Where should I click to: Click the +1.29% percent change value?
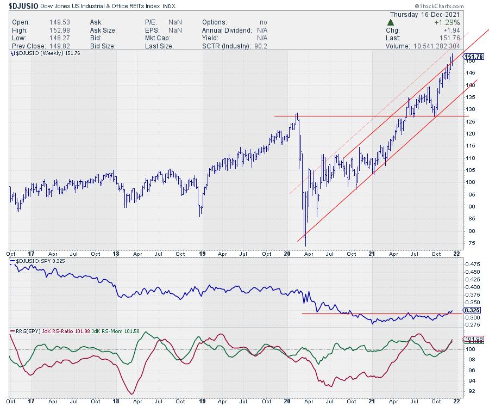click(447, 22)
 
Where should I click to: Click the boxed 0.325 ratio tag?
click(474, 310)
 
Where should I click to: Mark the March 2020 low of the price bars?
click(305, 245)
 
